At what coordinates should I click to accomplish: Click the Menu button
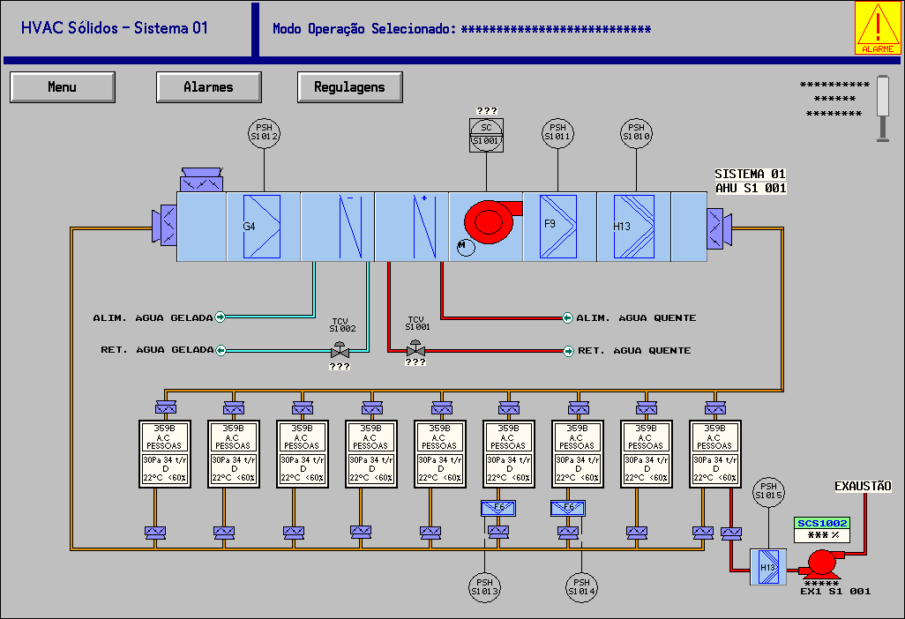coord(62,87)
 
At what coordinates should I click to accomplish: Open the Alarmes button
coord(208,87)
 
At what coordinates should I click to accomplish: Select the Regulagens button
coord(349,87)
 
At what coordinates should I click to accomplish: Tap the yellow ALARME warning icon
coord(879,28)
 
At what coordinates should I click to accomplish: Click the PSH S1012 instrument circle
coord(264,132)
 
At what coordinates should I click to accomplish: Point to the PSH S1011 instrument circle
coord(557,132)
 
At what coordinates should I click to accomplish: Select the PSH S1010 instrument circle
coord(636,132)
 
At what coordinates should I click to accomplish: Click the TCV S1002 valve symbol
coord(340,352)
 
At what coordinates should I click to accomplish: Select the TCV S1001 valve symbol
coord(415,350)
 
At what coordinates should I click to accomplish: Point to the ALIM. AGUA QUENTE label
coord(636,317)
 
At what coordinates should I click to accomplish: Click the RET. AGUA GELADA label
coord(157,350)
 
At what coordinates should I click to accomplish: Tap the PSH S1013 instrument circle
coord(484,586)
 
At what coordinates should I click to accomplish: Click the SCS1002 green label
coord(822,523)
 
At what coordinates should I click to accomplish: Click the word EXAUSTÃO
coord(863,486)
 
